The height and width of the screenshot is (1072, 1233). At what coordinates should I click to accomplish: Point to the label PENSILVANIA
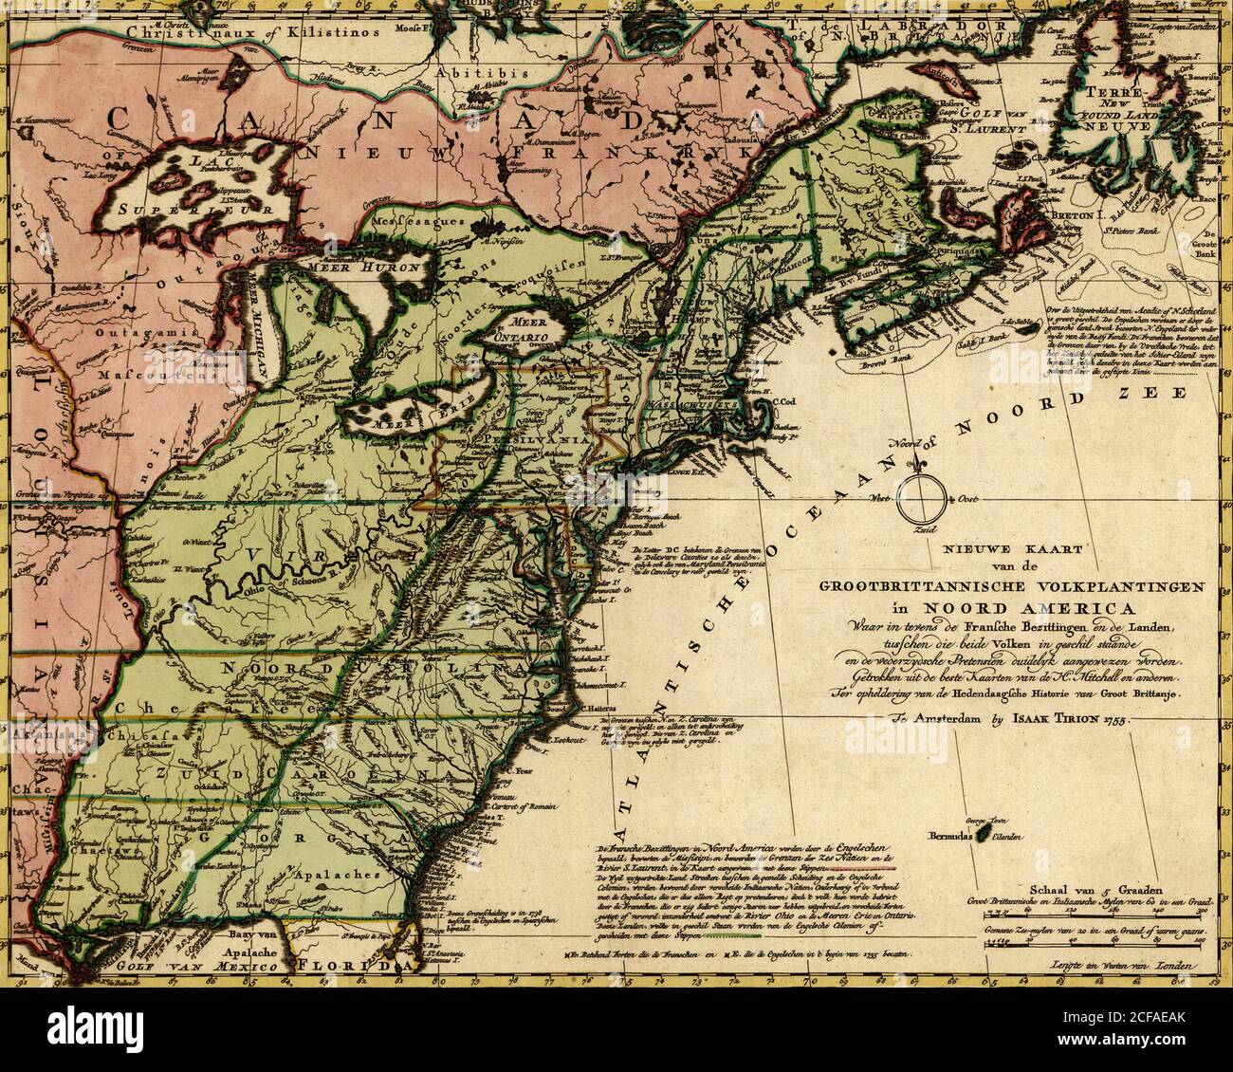coord(522,442)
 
